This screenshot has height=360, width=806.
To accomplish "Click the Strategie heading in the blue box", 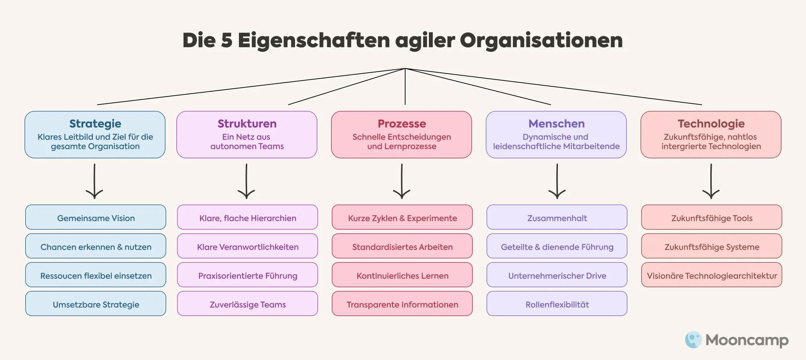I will [95, 123].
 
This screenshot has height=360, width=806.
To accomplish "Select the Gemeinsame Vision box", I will [96, 217].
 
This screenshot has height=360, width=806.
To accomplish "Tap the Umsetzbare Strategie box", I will [96, 304].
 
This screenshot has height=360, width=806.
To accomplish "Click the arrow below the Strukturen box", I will [246, 181].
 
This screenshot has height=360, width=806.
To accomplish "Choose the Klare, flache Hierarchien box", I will [248, 217].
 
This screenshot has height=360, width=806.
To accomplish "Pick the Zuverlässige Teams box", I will [248, 304].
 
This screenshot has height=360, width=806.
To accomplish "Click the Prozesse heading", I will [402, 123].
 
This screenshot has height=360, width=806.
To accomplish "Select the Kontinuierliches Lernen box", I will [402, 275].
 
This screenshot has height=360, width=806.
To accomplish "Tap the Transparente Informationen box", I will [402, 304].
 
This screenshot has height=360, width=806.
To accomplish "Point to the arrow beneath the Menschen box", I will [557, 181].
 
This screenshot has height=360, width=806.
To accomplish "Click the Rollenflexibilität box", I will [557, 304].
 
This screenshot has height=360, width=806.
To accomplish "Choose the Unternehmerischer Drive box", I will [557, 275].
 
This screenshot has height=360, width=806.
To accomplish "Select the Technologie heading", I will [711, 123].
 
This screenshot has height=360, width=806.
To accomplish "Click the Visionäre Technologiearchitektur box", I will [712, 275].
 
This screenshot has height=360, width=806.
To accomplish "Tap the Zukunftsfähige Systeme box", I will [712, 246].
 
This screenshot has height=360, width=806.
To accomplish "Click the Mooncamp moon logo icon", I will [693, 339].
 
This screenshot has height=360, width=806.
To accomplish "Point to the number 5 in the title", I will [226, 40].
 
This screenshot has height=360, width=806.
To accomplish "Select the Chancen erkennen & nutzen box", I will [96, 246].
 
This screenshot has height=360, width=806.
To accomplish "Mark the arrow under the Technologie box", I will [711, 181].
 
